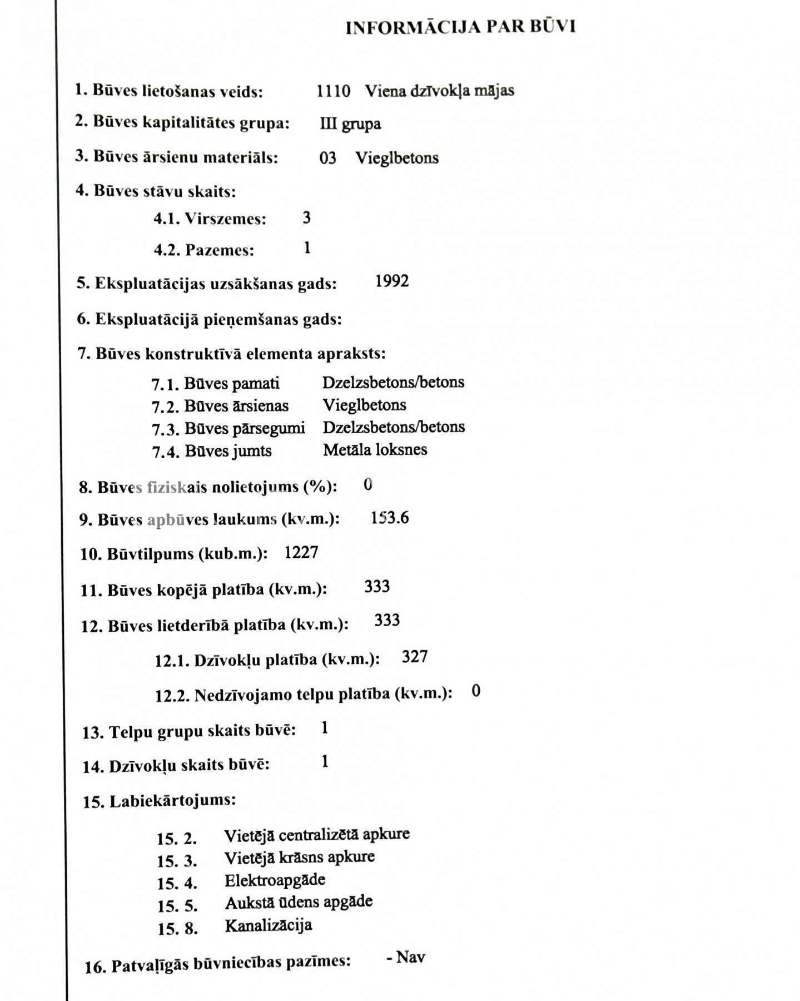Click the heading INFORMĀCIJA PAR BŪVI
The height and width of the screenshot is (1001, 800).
(x=460, y=27)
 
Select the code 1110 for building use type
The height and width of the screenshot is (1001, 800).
(x=333, y=91)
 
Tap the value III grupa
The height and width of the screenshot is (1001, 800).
(x=350, y=123)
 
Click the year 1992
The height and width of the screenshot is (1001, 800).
(x=392, y=281)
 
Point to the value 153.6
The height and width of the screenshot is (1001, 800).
(x=389, y=518)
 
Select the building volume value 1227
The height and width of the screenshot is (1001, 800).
(x=301, y=553)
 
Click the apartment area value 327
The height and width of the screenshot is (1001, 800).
(x=415, y=657)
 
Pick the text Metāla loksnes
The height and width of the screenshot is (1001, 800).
(x=375, y=450)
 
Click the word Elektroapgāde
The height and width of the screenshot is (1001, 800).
(x=275, y=880)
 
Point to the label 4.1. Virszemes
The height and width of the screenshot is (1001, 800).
(x=210, y=219)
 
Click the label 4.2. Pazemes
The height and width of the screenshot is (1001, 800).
(x=204, y=250)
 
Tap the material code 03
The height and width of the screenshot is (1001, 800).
(x=327, y=158)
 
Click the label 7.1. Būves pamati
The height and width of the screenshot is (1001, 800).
(x=215, y=384)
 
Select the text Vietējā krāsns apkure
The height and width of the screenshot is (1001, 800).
(x=299, y=858)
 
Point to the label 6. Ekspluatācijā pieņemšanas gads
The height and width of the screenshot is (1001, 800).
(x=209, y=320)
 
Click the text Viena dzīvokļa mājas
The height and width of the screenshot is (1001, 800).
(x=439, y=91)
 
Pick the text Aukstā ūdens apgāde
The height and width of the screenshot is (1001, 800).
(x=299, y=903)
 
